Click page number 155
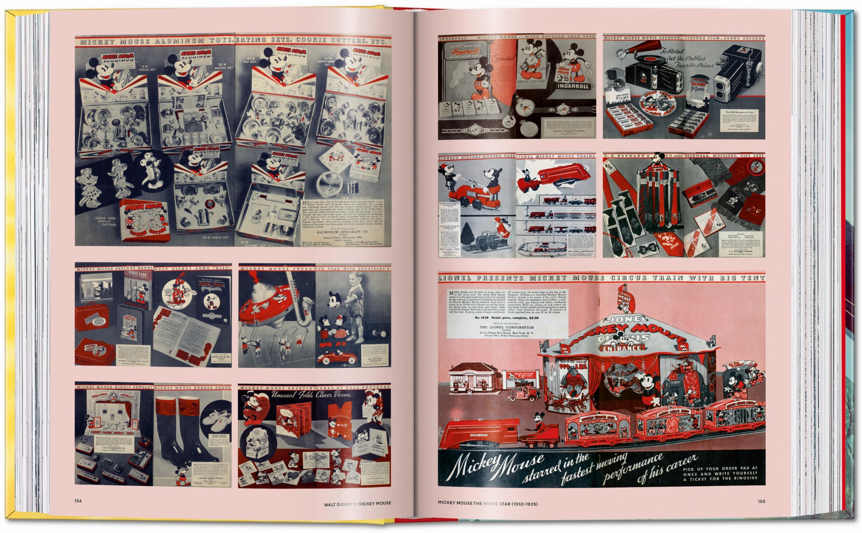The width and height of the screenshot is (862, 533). coord(762,501)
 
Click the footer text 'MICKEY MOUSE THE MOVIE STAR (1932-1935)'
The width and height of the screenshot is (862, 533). coord(487,503)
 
